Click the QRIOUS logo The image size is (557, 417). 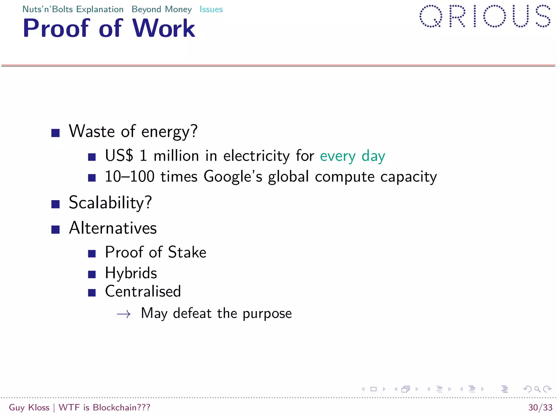pyautogui.click(x=485, y=16)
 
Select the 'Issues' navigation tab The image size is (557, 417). pyautogui.click(x=211, y=10)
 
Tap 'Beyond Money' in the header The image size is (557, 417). pyautogui.click(x=162, y=10)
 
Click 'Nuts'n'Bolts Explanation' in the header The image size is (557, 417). pyautogui.click(x=73, y=10)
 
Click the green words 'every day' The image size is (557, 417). pyautogui.click(x=352, y=156)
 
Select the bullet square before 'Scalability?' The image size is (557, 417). pyautogui.click(x=55, y=204)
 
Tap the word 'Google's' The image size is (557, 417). pyautogui.click(x=233, y=177)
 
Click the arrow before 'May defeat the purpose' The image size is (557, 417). pyautogui.click(x=124, y=314)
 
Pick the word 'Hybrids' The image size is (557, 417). pyautogui.click(x=131, y=273)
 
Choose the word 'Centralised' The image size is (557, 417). pyautogui.click(x=143, y=292)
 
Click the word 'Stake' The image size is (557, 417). pyautogui.click(x=187, y=252)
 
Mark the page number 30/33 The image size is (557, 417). pyautogui.click(x=540, y=407)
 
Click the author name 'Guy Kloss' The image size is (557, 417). pyautogui.click(x=29, y=407)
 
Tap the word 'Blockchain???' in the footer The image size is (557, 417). pyautogui.click(x=122, y=407)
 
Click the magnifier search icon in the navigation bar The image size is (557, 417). pyautogui.click(x=537, y=389)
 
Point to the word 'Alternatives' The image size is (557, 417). pyautogui.click(x=113, y=228)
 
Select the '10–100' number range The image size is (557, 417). pyautogui.click(x=130, y=177)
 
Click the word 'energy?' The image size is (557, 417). pyautogui.click(x=169, y=132)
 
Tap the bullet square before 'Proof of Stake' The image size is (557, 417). pyautogui.click(x=92, y=254)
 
